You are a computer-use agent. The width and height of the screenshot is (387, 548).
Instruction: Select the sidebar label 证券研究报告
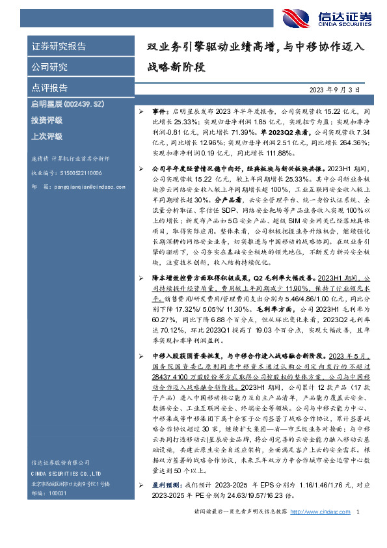[x=59, y=47]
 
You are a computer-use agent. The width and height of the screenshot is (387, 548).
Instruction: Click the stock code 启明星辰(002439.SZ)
[x=64, y=103]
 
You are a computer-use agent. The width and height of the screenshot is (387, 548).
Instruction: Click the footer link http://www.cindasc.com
[x=317, y=532]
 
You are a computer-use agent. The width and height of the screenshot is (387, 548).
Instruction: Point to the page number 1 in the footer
[x=358, y=532]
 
